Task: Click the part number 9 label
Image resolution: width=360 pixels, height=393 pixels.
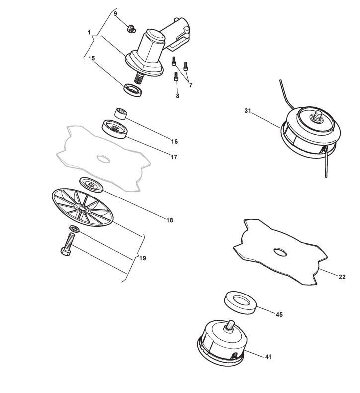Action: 115,14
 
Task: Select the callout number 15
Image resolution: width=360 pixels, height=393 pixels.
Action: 92,58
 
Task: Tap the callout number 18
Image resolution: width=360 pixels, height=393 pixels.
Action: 170,220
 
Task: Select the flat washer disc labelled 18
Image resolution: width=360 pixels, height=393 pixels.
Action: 91,184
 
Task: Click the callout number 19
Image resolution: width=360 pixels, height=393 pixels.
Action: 143,258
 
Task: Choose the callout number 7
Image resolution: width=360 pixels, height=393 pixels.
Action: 190,86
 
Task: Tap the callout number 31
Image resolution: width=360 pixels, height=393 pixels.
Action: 248,111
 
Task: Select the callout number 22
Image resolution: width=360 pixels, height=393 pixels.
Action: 342,277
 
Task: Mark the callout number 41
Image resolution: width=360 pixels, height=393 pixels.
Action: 268,357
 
